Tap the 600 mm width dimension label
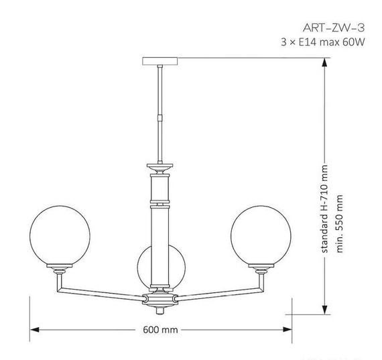pyautogui.click(x=160, y=330)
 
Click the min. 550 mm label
pyautogui.click(x=340, y=223)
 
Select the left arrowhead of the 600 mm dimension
pyautogui.click(x=35, y=330)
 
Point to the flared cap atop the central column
pyautogui.click(x=160, y=166)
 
